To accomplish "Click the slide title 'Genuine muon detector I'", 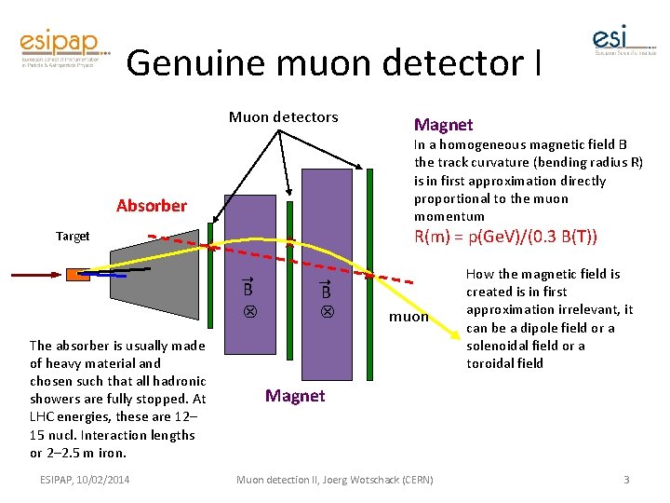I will coord(332,62).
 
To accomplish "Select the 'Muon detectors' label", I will coord(284,117).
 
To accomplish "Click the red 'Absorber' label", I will coord(152,205).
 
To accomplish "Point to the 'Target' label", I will coord(73,236).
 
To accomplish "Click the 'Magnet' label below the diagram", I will coord(295,396).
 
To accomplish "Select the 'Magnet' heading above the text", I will coord(443,125).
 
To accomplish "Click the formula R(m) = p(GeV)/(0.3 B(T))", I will coord(505,236).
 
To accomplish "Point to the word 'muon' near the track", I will coord(409,317).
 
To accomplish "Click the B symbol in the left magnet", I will coord(248,291).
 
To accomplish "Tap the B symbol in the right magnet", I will coord(327,291).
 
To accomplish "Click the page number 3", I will coord(626,480).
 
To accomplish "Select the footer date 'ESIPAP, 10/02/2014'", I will coord(86,480).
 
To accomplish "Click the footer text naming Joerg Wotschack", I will coord(334,480).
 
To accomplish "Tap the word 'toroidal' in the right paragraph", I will coord(490,363).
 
